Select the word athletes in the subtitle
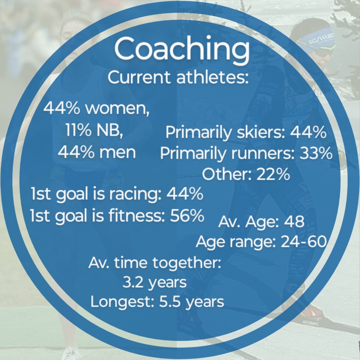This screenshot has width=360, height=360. [x=212, y=77]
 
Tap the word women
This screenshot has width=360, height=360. [x=117, y=108]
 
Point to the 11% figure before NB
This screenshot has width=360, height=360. [x=78, y=130]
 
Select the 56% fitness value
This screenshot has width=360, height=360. [x=187, y=216]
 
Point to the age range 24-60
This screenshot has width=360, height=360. [x=303, y=242]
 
